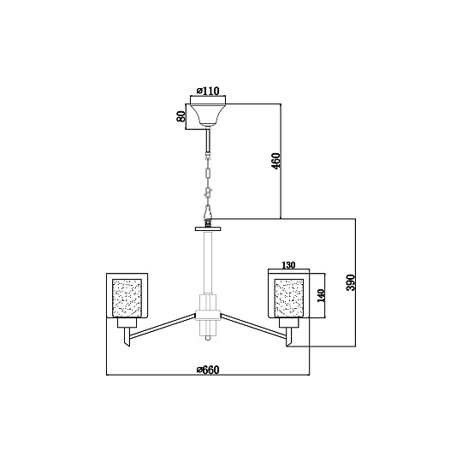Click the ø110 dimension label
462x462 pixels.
[208, 91]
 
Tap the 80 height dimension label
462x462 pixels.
[181, 116]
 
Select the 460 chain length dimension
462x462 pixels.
[275, 161]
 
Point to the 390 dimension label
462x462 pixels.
[351, 282]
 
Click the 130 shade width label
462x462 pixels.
[288, 265]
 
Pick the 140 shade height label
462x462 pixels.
[321, 295]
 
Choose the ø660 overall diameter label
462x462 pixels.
[208, 370]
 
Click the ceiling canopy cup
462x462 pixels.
[208, 115]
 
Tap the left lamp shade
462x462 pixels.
[127, 295]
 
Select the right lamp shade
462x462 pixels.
[289, 293]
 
